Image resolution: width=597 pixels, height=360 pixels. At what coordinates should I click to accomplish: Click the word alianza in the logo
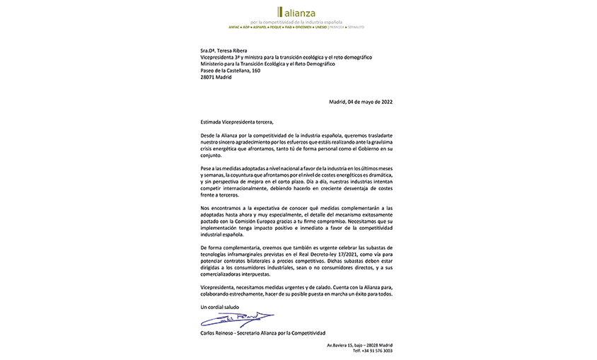coord(300,13)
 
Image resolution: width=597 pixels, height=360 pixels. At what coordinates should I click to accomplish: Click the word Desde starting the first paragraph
coord(209,134)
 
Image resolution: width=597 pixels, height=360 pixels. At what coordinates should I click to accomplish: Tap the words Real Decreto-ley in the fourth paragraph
coord(304,254)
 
